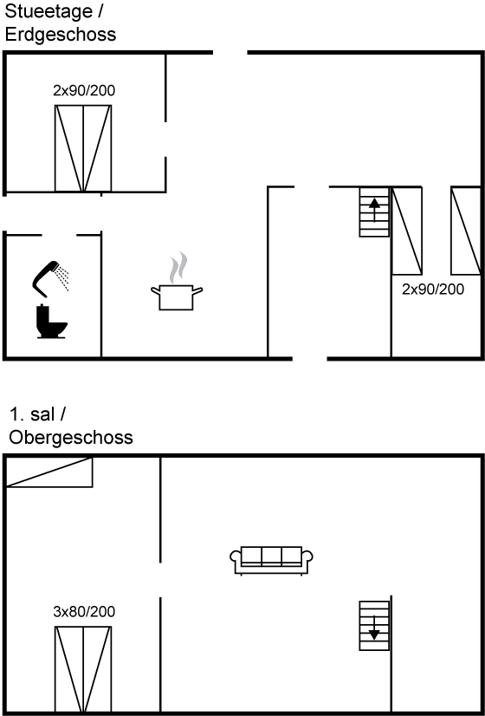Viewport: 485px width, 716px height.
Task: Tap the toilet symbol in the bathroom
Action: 52,322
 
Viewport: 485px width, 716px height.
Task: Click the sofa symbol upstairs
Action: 271,560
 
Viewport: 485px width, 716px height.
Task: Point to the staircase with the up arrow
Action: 374,212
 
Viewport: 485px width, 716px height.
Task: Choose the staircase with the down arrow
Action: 374,626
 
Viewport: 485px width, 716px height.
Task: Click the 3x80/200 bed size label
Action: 84,612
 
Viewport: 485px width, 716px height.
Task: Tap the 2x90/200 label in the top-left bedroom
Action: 84,90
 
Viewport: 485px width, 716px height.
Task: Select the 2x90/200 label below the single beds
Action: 433,289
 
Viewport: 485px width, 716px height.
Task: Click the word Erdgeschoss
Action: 61,35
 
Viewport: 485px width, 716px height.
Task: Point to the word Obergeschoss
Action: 71,437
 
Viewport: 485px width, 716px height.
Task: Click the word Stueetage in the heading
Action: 48,12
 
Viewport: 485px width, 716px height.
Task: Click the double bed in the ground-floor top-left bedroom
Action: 83,148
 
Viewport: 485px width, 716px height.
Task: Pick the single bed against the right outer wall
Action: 466,231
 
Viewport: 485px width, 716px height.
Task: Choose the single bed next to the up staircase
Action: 407,231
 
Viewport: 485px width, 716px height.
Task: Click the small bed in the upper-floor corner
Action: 49,472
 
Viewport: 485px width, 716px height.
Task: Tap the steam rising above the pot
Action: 178,267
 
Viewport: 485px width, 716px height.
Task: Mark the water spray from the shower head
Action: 61,278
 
